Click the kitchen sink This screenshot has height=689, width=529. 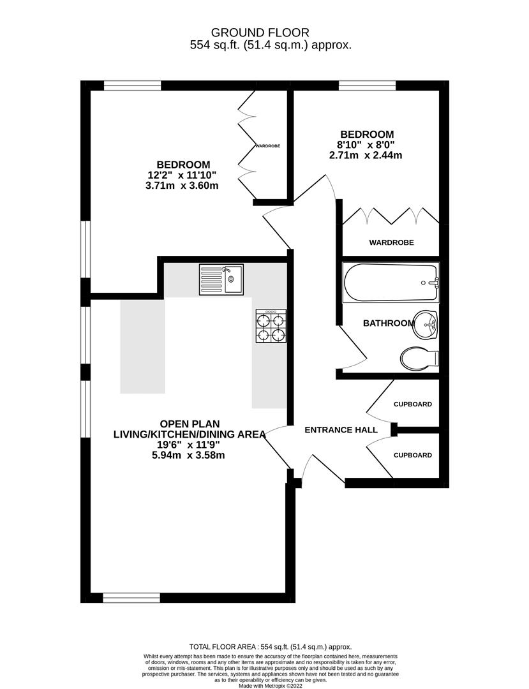tap(221, 279)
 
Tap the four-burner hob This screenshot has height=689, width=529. tap(271, 326)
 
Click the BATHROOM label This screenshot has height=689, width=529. tap(389, 323)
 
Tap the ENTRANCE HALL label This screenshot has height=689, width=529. tap(341, 430)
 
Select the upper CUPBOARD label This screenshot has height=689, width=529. tap(412, 404)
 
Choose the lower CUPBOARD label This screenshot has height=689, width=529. tap(412, 456)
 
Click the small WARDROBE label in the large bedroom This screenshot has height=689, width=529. tap(268, 146)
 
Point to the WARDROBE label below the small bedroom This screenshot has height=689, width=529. tap(391, 242)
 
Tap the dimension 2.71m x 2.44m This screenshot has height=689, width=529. tap(366, 156)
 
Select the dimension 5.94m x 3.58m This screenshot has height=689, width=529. tap(190, 456)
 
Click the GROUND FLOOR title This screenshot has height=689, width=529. tap(260, 32)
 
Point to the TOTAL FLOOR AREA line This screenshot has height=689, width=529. tap(271, 646)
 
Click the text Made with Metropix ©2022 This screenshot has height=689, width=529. tap(271, 686)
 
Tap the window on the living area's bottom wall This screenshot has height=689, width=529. tap(131, 598)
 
